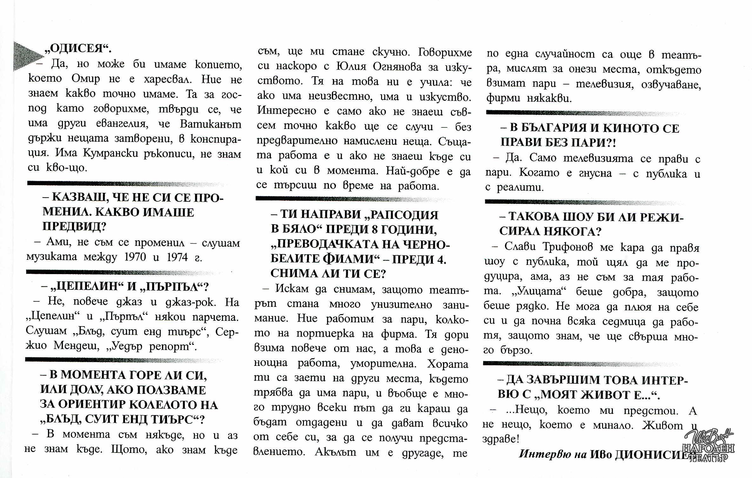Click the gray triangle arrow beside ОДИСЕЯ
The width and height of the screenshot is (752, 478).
pyautogui.click(x=27, y=56)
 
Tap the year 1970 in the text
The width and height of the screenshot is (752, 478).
pyautogui.click(x=135, y=257)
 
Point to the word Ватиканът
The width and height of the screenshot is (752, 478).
pyautogui.click(x=211, y=124)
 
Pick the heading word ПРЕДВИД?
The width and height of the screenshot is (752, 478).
pyautogui.click(x=74, y=226)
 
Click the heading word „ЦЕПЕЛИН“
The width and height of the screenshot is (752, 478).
pyautogui.click(x=84, y=286)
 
